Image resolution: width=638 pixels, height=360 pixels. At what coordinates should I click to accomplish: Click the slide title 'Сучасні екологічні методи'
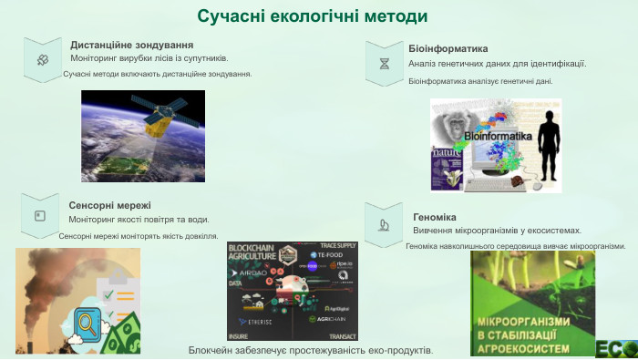[313, 17]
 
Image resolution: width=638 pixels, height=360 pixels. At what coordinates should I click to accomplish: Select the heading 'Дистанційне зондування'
[131, 45]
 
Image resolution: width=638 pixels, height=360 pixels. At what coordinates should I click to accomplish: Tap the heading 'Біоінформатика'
[448, 48]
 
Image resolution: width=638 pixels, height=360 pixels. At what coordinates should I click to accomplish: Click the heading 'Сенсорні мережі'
[109, 205]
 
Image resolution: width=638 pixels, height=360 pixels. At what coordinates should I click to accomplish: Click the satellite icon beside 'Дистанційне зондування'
[42, 59]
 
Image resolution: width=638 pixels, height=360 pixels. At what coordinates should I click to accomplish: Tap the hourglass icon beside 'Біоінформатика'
[385, 64]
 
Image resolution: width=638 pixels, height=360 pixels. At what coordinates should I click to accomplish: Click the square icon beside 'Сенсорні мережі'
[39, 216]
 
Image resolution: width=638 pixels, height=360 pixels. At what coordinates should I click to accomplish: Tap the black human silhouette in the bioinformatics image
[549, 146]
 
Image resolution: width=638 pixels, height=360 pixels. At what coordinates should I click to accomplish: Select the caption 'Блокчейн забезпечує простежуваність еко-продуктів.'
[310, 351]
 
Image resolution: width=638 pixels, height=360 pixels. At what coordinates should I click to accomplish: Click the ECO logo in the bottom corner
[616, 348]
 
